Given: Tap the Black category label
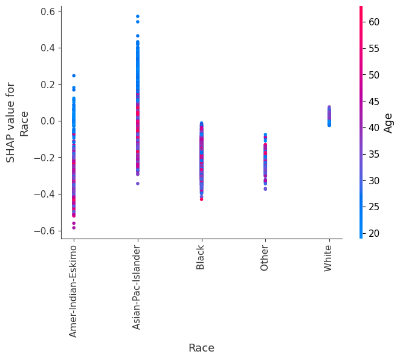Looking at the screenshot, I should click(201, 256).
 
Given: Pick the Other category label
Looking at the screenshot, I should click(264, 257).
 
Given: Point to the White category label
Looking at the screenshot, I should click(328, 258).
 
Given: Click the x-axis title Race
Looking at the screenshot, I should click(201, 348).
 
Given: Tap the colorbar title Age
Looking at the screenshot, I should click(389, 123).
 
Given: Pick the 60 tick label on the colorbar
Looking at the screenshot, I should click(374, 22).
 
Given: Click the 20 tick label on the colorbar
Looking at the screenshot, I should click(374, 234).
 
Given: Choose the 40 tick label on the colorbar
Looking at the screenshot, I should click(374, 128).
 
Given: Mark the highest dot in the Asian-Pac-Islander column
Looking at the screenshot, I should click(137, 16).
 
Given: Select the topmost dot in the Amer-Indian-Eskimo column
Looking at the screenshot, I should click(74, 76).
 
